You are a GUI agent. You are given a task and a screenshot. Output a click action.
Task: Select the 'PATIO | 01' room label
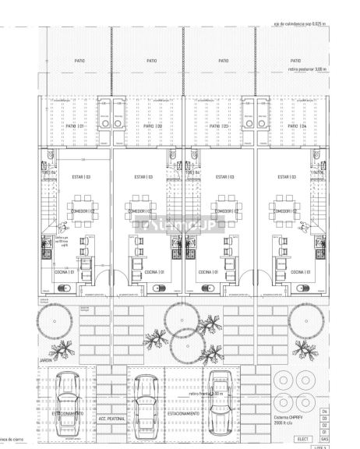[75, 125]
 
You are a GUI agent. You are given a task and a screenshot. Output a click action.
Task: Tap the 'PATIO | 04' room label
[298, 125]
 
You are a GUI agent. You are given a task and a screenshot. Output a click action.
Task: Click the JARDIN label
[46, 360]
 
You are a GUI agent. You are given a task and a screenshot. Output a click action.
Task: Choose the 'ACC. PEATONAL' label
[108, 419]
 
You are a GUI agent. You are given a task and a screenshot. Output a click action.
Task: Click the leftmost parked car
[67, 395]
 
